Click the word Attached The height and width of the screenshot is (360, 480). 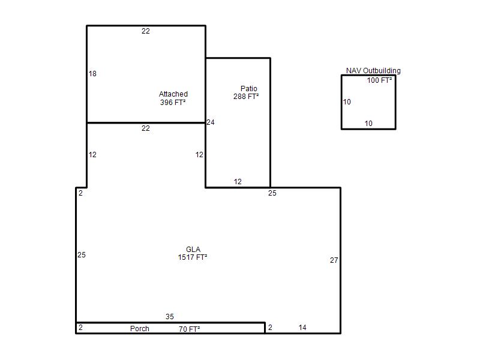click(x=173, y=94)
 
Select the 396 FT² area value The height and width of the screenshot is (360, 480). click(x=173, y=102)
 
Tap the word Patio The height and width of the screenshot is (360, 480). click(x=248, y=88)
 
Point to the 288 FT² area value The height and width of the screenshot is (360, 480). click(x=246, y=97)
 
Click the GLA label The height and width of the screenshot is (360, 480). click(x=193, y=249)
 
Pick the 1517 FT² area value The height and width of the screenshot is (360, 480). click(x=193, y=257)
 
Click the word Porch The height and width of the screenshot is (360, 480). click(x=140, y=328)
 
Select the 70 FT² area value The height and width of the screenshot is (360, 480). click(x=189, y=329)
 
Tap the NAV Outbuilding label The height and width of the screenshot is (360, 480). click(x=373, y=71)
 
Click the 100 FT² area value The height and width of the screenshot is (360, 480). click(x=379, y=80)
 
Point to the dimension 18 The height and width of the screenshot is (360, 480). click(x=92, y=73)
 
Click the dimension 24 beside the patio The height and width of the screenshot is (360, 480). click(x=211, y=122)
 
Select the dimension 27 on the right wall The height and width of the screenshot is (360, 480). click(x=334, y=260)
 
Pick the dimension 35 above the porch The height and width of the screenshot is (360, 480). click(x=170, y=317)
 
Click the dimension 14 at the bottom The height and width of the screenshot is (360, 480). click(x=302, y=328)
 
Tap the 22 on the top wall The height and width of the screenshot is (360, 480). click(x=146, y=31)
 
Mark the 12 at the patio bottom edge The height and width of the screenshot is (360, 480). click(x=238, y=182)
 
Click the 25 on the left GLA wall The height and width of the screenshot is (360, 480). click(x=82, y=254)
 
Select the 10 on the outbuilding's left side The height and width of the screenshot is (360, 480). click(x=347, y=101)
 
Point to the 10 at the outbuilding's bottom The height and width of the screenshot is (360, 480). click(x=368, y=124)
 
